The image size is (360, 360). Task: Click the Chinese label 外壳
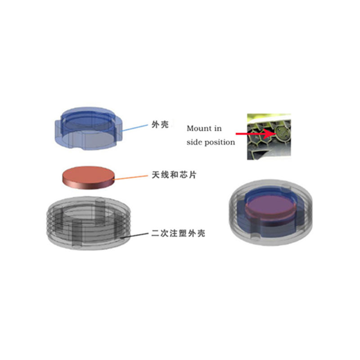pyautogui.click(x=160, y=125)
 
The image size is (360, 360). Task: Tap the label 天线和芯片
pyautogui.click(x=174, y=175)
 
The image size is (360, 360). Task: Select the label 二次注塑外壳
pyautogui.click(x=178, y=233)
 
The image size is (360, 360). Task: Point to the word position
pyautogui.click(x=220, y=143)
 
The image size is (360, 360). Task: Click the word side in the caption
pyautogui.click(x=194, y=142)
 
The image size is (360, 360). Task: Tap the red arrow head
pyautogui.click(x=269, y=134)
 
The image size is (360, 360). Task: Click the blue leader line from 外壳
pyautogui.click(x=134, y=128)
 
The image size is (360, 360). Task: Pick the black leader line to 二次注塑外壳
pyautogui.click(x=134, y=235)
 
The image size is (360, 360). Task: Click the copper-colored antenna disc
pyautogui.click(x=88, y=178)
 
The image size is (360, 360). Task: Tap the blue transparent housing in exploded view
pyautogui.click(x=88, y=128)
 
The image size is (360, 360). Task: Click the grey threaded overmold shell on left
pyautogui.click(x=88, y=223)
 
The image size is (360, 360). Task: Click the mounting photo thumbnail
pyautogui.click(x=269, y=137)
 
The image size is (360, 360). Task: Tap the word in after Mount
pyautogui.click(x=218, y=128)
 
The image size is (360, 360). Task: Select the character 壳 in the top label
pyautogui.click(x=165, y=125)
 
